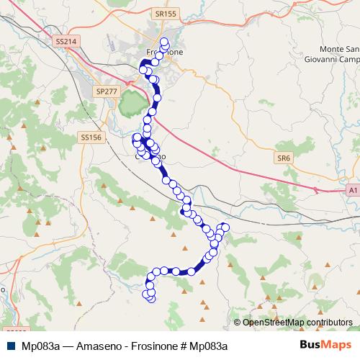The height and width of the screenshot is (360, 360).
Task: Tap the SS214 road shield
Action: [65, 42]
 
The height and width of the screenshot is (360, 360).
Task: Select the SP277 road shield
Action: [106, 91]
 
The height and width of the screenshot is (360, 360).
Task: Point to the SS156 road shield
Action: [91, 137]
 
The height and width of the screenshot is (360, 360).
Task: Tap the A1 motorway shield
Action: [352, 191]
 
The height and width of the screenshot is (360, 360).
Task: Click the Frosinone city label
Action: [164, 53]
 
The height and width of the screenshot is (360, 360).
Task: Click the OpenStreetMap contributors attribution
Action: [297, 323]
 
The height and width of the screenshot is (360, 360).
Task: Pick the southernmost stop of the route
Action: [151, 299]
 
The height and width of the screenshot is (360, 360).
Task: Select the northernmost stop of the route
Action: [164, 41]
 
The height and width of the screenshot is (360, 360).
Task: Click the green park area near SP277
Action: [130, 104]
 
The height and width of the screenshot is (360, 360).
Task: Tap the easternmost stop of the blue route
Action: [225, 228]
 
